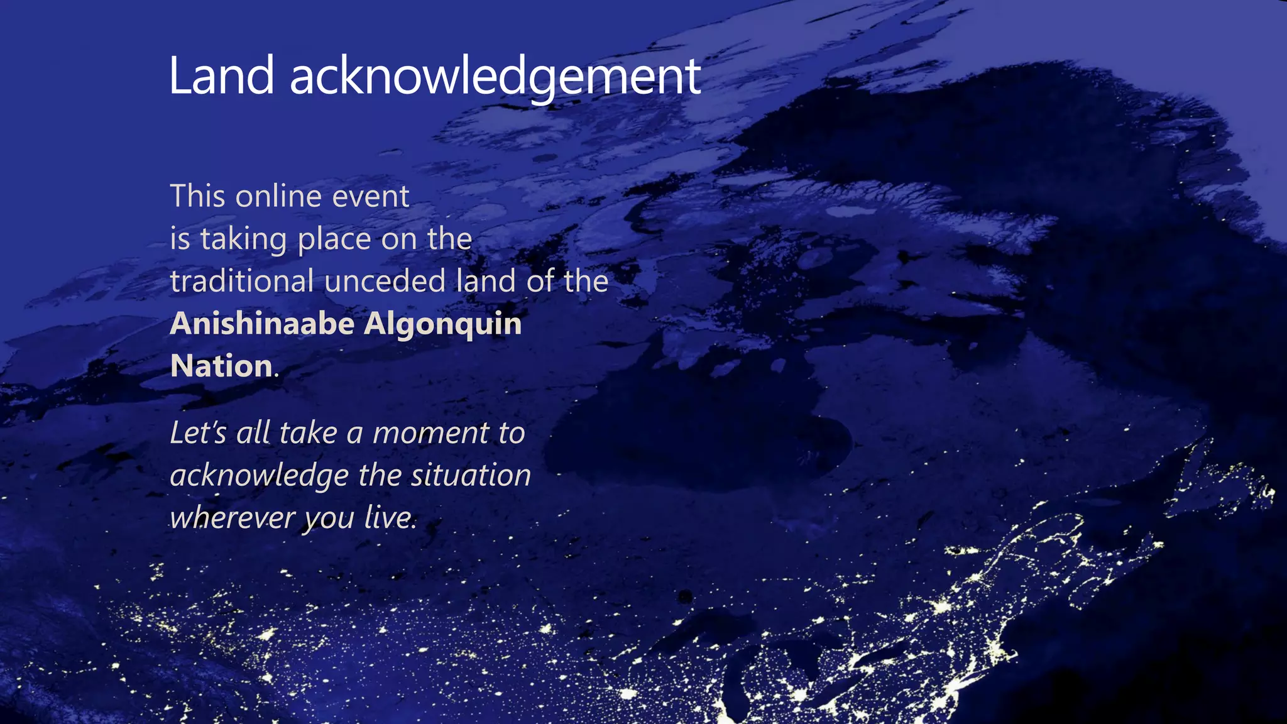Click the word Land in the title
tap(222, 76)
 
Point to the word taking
tap(243, 239)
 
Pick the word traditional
tap(242, 281)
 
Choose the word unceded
tap(385, 281)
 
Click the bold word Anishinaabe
tap(262, 324)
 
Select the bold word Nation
tap(221, 366)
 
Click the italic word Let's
tap(198, 433)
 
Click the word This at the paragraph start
tap(197, 196)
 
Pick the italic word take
tap(308, 433)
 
